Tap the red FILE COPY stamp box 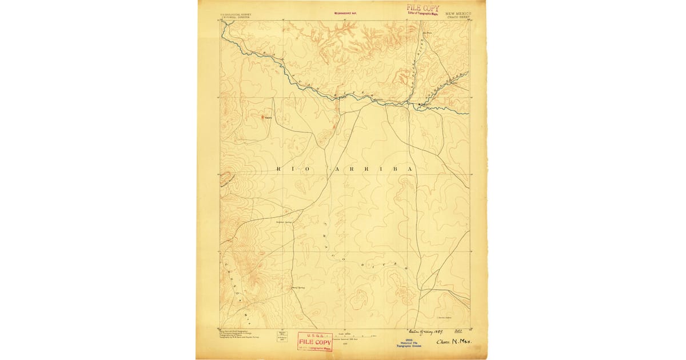coord(314,342)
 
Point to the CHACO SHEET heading coord(458,17)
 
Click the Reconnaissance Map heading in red coord(345,13)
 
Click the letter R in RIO coord(279,170)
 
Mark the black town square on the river coord(419,104)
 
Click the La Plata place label coord(428,33)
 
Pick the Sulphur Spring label coord(284,222)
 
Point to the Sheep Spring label coord(298,287)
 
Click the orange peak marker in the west coord(265,117)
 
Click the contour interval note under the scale coord(345,339)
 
